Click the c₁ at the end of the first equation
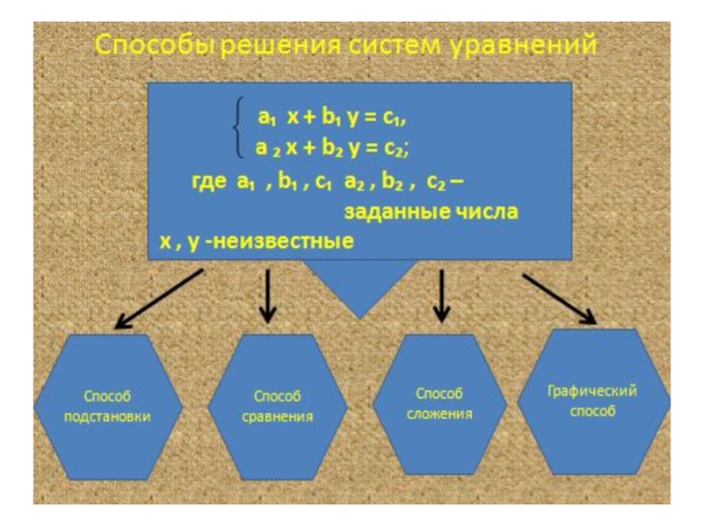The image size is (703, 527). tap(396, 117)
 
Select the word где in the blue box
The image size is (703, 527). tap(209, 183)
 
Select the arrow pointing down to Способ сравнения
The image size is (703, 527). tap(269, 296)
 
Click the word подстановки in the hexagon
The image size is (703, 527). tap(107, 416)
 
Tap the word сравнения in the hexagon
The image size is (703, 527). tap(277, 416)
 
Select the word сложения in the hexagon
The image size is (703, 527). tap(438, 413)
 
